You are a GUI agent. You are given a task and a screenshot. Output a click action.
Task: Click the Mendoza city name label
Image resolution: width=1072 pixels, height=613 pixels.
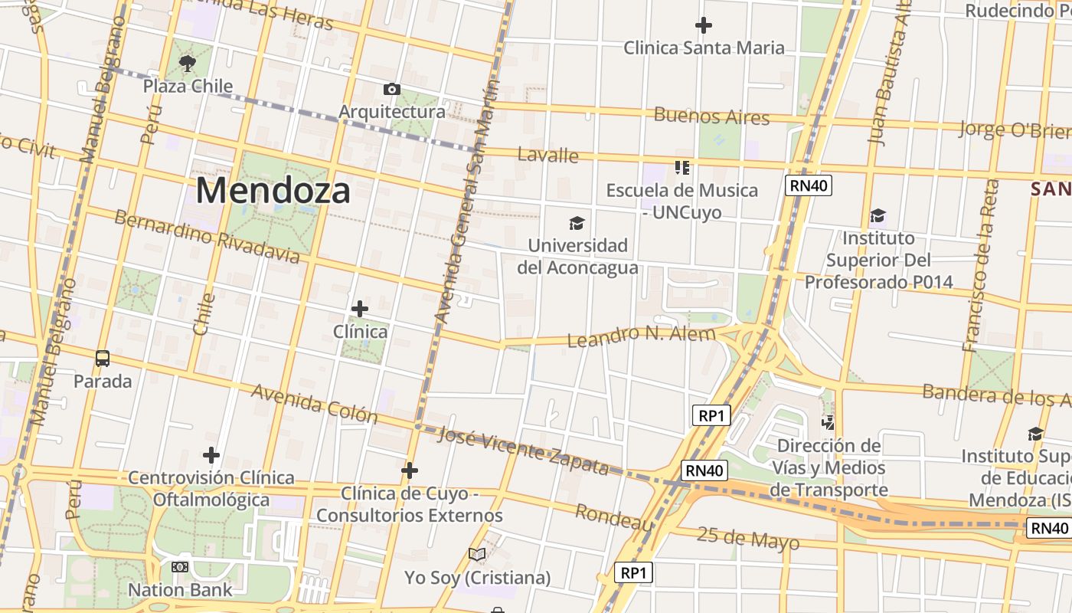[273, 190]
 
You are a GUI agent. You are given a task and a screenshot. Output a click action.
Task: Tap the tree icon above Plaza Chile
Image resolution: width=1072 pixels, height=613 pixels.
[187, 64]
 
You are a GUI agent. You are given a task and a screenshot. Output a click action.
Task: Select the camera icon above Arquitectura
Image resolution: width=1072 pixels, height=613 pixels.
[391, 90]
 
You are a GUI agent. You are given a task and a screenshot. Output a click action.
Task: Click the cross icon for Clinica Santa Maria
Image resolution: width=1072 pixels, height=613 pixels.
[703, 25]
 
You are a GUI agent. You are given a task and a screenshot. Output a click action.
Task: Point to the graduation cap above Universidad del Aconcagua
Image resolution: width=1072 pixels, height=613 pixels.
[577, 223]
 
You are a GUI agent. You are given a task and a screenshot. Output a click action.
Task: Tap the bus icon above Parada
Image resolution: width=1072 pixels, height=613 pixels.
[102, 358]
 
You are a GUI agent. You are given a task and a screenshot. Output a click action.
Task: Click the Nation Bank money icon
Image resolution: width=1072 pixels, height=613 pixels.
[180, 567]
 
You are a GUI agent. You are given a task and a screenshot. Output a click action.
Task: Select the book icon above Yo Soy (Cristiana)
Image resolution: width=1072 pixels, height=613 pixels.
[477, 554]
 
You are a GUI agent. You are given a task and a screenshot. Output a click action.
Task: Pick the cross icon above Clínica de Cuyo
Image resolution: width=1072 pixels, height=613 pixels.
[410, 470]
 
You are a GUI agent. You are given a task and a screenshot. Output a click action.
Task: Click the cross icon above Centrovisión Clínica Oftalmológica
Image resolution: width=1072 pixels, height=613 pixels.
[211, 455]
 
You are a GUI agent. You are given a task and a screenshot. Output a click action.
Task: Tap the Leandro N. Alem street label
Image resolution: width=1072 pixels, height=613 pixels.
[642, 336]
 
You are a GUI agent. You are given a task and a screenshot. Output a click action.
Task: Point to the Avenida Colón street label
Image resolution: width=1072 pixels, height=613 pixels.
[315, 404]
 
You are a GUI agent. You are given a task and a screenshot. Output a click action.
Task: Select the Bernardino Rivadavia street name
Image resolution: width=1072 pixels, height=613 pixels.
[207, 235]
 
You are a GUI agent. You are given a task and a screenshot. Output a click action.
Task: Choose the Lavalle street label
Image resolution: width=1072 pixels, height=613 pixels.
[547, 155]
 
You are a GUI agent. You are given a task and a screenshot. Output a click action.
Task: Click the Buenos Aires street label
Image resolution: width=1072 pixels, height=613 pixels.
[711, 116]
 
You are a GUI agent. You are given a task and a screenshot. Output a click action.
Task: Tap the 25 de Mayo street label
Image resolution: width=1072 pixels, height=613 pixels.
[748, 539]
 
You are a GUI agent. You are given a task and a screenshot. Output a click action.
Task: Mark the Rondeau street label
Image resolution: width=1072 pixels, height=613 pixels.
[614, 518]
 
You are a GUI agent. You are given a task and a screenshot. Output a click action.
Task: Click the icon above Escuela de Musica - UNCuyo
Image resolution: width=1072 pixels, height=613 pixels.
[681, 167]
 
